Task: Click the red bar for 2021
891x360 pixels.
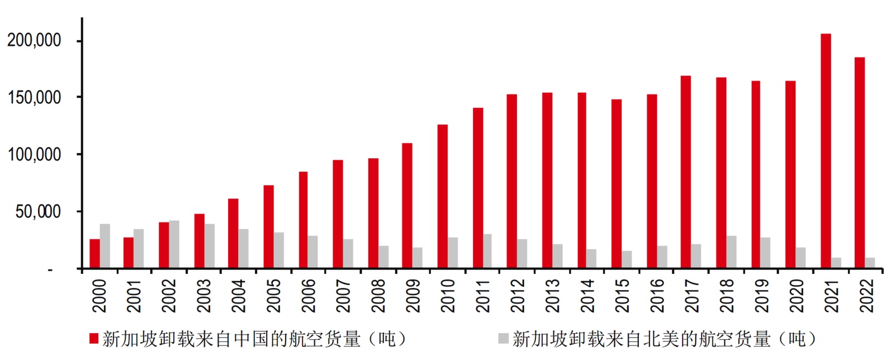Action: point(826,151)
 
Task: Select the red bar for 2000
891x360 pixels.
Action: point(94,254)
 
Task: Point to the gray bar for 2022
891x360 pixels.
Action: point(870,263)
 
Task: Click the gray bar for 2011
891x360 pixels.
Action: point(487,251)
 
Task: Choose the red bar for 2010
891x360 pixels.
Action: point(442,196)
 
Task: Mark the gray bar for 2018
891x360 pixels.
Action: point(732,252)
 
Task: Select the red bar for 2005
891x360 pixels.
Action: point(269,227)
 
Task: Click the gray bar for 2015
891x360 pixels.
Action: point(627,259)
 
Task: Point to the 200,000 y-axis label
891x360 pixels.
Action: point(34,40)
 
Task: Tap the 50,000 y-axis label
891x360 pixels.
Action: point(38,211)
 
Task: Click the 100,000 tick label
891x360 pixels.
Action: point(34,154)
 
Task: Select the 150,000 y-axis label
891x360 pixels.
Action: point(34,97)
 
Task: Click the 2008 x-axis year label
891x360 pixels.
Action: point(378,295)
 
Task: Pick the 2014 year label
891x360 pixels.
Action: point(587,295)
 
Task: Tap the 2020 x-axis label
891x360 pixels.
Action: point(797,295)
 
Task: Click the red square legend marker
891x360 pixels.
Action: point(94,338)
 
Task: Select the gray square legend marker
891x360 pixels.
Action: point(503,338)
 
